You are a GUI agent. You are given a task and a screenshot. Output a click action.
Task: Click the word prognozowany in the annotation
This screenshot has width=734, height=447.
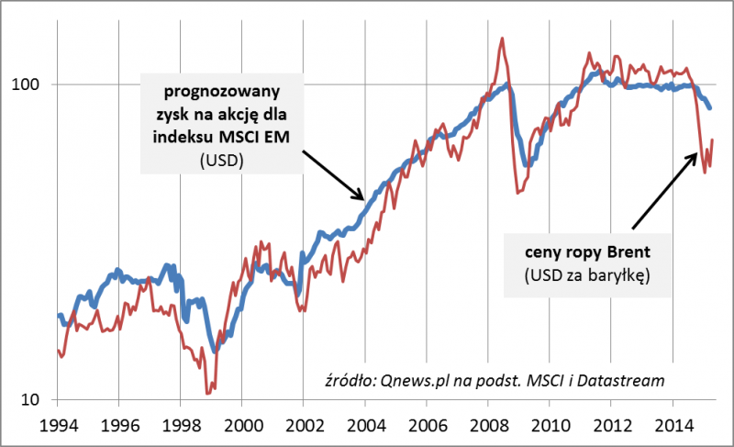point(221,93)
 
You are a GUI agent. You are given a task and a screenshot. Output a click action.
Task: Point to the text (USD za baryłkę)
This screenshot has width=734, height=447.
point(586,275)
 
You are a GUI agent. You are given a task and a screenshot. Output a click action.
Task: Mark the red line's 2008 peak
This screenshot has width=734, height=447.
point(502,39)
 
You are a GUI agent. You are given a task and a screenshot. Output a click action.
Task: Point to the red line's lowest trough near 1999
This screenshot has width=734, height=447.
point(209,393)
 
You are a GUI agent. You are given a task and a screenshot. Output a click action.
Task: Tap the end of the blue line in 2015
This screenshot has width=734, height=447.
point(710,108)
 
